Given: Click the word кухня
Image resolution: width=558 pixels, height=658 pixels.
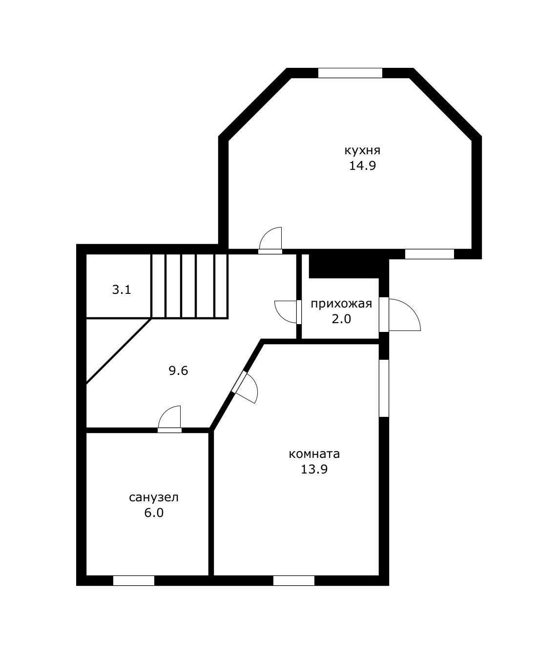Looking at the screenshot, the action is [362, 150].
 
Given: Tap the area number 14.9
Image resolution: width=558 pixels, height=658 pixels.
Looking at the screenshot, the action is [363, 166].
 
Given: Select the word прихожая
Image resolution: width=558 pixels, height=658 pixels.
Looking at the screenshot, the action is [341, 304].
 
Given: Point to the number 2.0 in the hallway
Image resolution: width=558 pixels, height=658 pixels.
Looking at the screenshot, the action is [341, 319].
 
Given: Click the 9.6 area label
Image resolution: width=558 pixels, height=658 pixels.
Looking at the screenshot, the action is [178, 370].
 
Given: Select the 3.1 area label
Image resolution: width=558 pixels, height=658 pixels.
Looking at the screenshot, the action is [122, 289].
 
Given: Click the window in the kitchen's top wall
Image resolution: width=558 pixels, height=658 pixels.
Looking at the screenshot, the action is [350, 73].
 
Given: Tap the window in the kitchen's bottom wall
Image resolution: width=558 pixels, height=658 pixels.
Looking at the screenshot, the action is [430, 254].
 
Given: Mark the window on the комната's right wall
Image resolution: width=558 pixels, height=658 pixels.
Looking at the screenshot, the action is [384, 388].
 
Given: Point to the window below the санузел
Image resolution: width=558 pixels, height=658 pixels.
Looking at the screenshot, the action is [134, 581].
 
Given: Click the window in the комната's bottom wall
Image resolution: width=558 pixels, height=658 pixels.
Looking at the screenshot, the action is [294, 581].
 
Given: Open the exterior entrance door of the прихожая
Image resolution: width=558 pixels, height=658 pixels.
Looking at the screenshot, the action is [400, 315].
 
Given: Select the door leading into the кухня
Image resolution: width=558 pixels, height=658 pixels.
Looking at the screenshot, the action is [270, 240].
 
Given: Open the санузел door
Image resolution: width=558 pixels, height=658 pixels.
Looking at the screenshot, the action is [170, 419].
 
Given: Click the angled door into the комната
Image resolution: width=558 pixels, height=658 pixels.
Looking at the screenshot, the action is [245, 387].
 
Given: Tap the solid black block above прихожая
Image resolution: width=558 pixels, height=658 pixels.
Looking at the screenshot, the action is [344, 266].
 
